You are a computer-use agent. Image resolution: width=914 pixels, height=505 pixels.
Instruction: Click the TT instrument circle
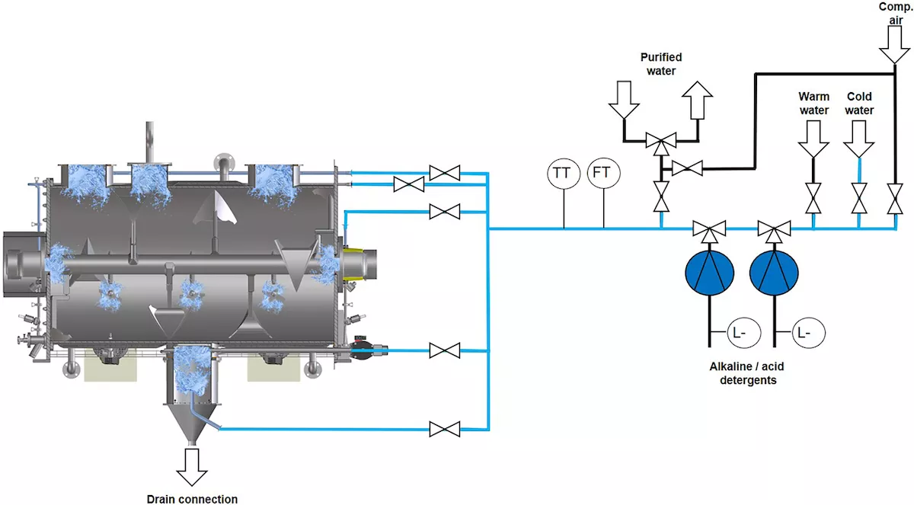(562, 173)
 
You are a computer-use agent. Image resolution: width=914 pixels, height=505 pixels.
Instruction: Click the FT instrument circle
(602, 173)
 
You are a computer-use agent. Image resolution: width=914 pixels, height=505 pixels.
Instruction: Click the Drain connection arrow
(191, 466)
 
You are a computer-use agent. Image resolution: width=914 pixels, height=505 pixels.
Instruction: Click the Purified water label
(660, 64)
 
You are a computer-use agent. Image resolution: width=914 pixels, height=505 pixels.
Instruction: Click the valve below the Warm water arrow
(813, 199)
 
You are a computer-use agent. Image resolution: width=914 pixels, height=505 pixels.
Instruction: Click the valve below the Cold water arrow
(859, 199)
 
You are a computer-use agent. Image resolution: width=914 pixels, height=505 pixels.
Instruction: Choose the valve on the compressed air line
(893, 199)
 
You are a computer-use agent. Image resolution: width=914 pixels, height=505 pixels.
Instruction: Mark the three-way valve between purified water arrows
(660, 140)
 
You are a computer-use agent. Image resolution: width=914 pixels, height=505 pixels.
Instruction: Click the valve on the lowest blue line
(444, 429)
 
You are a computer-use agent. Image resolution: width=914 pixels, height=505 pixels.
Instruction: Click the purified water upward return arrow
(698, 99)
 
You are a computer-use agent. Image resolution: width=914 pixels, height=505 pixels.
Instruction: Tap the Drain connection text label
(192, 499)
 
